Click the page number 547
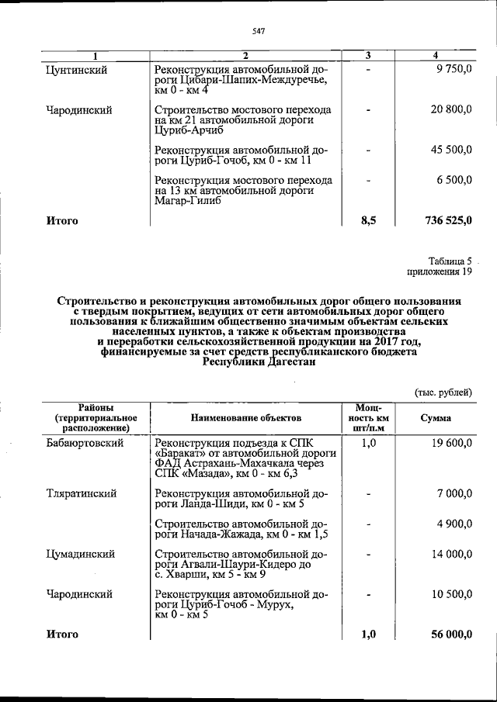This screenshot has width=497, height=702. click(x=259, y=30)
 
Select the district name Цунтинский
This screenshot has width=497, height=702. click(x=77, y=70)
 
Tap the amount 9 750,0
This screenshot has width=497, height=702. click(x=451, y=70)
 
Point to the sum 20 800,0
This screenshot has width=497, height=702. click(x=448, y=110)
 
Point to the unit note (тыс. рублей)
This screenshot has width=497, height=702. click(x=443, y=392)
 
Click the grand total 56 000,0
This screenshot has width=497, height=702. click(x=449, y=635)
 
